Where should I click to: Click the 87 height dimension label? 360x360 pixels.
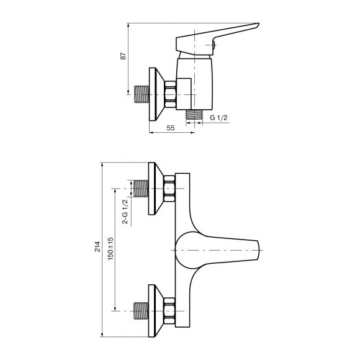coord(124,56)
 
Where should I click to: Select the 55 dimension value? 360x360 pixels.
coord(171,128)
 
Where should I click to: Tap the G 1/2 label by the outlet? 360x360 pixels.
coord(218,118)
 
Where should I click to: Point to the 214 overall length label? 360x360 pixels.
coord(97,246)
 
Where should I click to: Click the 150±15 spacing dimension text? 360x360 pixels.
coord(110,249)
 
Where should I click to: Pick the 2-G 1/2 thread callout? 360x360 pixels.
coord(125,212)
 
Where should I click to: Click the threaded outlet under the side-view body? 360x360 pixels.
coord(194,114)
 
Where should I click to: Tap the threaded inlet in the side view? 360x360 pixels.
coord(142,94)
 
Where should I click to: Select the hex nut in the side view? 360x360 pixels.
coord(170,94)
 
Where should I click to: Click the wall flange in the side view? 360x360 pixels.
coord(156,94)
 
